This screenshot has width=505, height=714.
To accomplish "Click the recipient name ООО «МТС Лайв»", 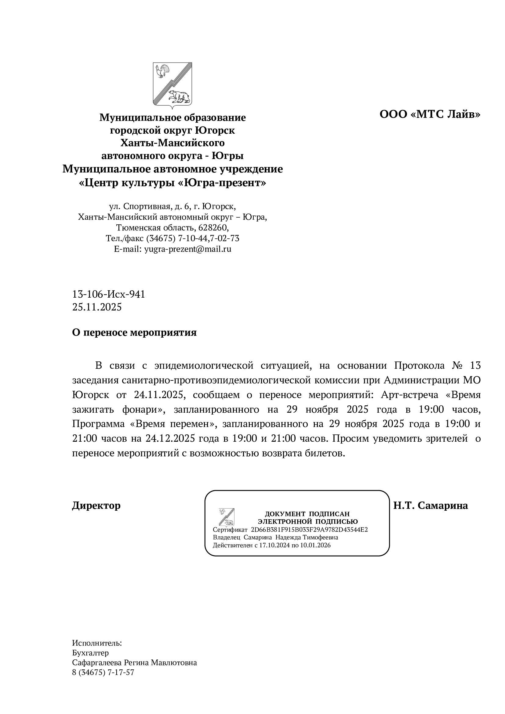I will (x=430, y=114).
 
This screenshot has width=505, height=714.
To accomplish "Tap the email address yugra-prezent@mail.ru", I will (x=188, y=249).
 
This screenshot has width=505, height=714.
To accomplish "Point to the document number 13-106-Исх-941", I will (x=108, y=294).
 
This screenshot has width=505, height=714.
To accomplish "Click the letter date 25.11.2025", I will (x=97, y=307).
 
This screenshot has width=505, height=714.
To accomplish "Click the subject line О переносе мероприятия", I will (x=134, y=333).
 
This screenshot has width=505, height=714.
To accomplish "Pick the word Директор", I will (x=96, y=506).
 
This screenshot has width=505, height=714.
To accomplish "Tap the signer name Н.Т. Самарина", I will (x=431, y=506).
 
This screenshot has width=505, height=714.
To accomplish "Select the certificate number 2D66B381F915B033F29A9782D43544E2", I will (x=309, y=530).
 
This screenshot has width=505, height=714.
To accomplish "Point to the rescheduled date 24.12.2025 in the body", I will (x=170, y=438).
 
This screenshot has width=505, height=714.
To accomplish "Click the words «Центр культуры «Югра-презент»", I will (x=173, y=183).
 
